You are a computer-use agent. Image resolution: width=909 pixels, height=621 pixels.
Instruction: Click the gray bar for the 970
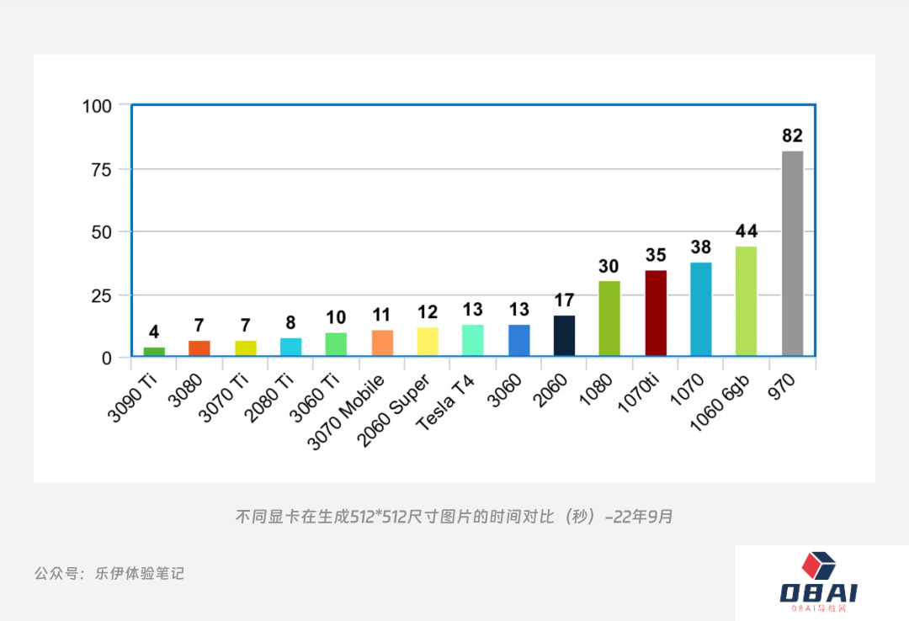tap(792, 253)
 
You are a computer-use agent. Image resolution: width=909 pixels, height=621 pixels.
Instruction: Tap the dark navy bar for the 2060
tap(564, 336)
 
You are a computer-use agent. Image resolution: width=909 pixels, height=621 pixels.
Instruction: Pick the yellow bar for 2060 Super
tap(428, 342)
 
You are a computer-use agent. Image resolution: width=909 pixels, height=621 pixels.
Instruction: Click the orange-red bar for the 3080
tap(199, 348)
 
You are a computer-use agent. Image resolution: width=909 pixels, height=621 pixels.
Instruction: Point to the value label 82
tap(792, 135)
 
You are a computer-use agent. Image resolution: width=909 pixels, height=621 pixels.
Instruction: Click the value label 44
tap(747, 231)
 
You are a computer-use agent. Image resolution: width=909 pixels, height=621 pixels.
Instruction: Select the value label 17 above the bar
tap(564, 300)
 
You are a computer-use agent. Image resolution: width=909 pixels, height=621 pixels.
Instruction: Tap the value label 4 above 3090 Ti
tap(154, 332)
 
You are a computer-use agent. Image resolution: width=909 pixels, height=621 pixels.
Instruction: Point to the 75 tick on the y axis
tap(101, 169)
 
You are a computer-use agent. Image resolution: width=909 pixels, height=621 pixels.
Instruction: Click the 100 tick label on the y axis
tap(97, 106)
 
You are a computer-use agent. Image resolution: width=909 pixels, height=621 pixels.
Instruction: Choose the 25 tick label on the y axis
tap(101, 295)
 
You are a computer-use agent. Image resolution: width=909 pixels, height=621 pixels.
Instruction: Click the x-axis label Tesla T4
tap(447, 402)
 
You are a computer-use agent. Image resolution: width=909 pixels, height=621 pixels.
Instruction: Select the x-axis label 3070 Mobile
tap(347, 411)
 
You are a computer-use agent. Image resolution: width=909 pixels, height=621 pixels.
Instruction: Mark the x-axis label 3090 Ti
tap(134, 396)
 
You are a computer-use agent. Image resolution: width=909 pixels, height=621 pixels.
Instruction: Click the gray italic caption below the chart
tap(454, 517)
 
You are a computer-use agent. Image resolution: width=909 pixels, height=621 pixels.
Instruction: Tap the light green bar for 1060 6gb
tap(747, 301)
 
